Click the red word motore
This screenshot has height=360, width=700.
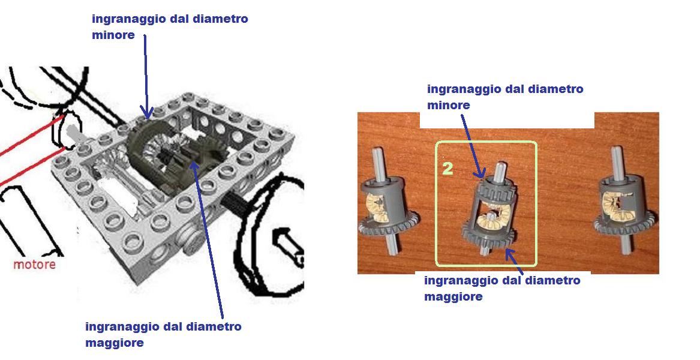coord(34,265)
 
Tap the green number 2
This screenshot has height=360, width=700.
coord(447,169)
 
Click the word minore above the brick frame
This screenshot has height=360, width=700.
coord(113,35)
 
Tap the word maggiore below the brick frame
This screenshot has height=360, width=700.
coord(115,343)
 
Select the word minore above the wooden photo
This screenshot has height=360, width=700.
coord(449,105)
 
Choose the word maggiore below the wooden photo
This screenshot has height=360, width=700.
coord(453,296)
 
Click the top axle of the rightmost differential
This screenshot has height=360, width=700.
coord(618,160)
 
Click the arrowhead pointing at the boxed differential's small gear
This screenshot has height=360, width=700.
coord(481,173)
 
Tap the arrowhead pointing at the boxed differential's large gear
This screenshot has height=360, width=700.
coord(510,254)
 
